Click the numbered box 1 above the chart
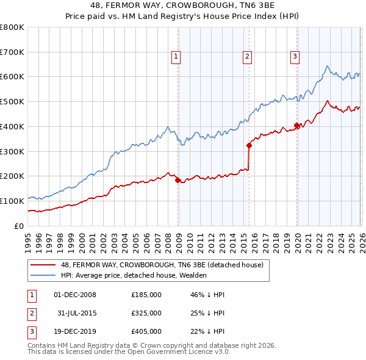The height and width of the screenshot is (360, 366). coord(176,57)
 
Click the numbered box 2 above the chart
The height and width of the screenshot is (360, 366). coord(247,57)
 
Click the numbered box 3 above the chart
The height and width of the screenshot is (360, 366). coord(295,57)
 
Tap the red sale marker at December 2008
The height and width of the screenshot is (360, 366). coord(178,180)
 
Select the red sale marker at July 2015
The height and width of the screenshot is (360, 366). coord(249,145)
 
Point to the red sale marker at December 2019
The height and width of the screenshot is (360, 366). coord(296,125)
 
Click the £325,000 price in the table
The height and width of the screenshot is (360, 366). coord(146,313)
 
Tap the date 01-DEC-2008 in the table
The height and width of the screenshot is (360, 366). coord(75,295)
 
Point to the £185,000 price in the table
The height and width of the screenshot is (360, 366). coord(146,295)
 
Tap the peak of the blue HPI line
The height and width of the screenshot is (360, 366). coord(327,66)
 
